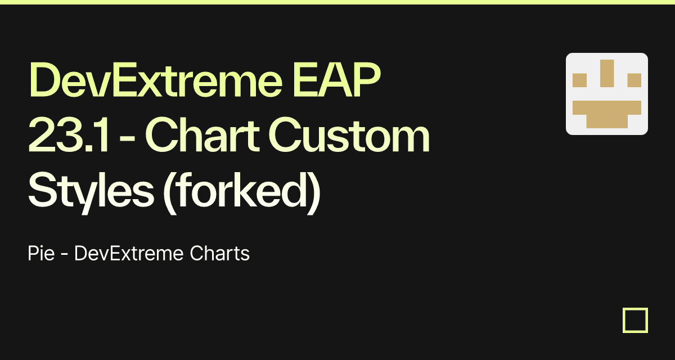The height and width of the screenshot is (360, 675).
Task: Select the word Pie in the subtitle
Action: click(41, 254)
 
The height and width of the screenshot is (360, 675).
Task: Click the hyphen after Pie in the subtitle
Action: click(65, 255)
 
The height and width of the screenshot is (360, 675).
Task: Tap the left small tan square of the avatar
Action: click(579, 80)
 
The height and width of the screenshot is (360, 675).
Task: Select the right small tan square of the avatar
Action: click(634, 80)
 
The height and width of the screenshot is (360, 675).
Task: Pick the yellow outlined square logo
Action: click(635, 321)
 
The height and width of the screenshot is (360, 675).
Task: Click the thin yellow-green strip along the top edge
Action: click(337, 2)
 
